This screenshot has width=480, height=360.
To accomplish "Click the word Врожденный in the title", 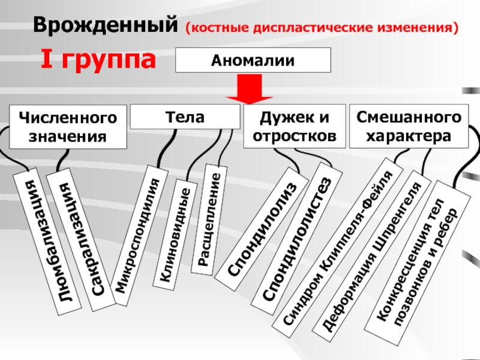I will coord(105,25).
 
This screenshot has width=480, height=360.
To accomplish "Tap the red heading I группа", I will coord(99,60).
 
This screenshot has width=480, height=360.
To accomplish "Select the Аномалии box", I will coord(253,61).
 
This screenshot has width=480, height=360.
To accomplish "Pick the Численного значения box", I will coord(67,127).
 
